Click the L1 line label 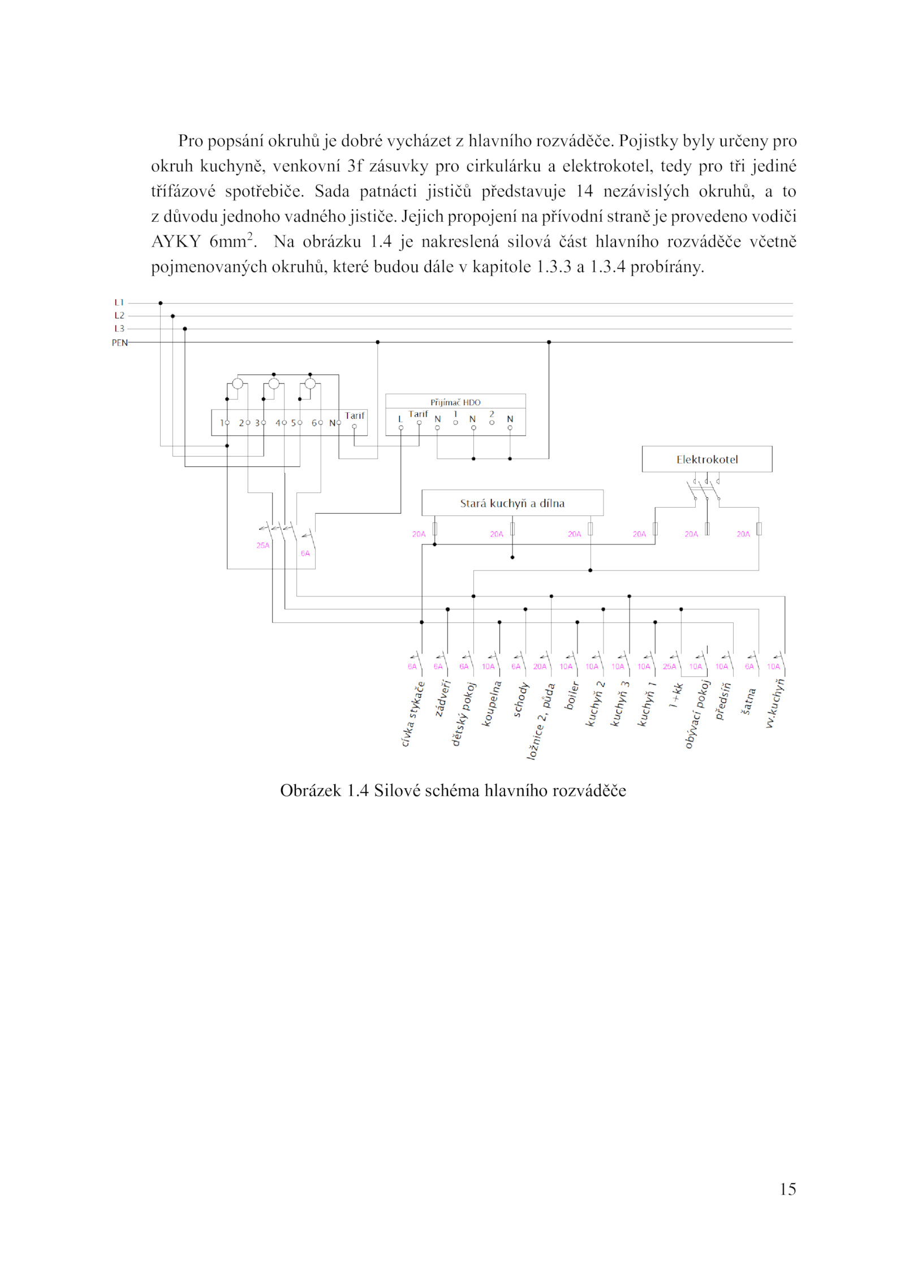point(119,303)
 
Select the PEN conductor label point(119,343)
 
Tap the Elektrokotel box point(706,459)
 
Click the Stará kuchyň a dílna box point(512,503)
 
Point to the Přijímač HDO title point(455,402)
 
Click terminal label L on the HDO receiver point(400,419)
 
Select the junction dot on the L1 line point(161,303)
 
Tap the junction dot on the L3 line point(185,329)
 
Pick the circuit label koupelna point(492,703)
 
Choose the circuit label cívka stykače point(413,714)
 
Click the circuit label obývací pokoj point(697,714)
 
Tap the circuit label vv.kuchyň point(775,703)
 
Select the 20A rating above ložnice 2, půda point(540,667)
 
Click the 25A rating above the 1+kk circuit point(669,667)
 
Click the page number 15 point(787,1189)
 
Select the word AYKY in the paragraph point(176,242)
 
